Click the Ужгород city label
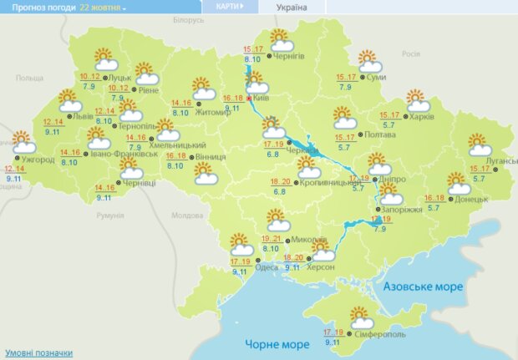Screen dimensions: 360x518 coord(38,159)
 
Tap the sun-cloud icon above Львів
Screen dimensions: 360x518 coord(70,101)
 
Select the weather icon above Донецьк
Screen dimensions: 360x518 coord(457,183)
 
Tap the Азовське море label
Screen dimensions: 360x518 coord(422,286)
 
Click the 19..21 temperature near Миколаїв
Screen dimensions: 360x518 coord(272,239)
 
